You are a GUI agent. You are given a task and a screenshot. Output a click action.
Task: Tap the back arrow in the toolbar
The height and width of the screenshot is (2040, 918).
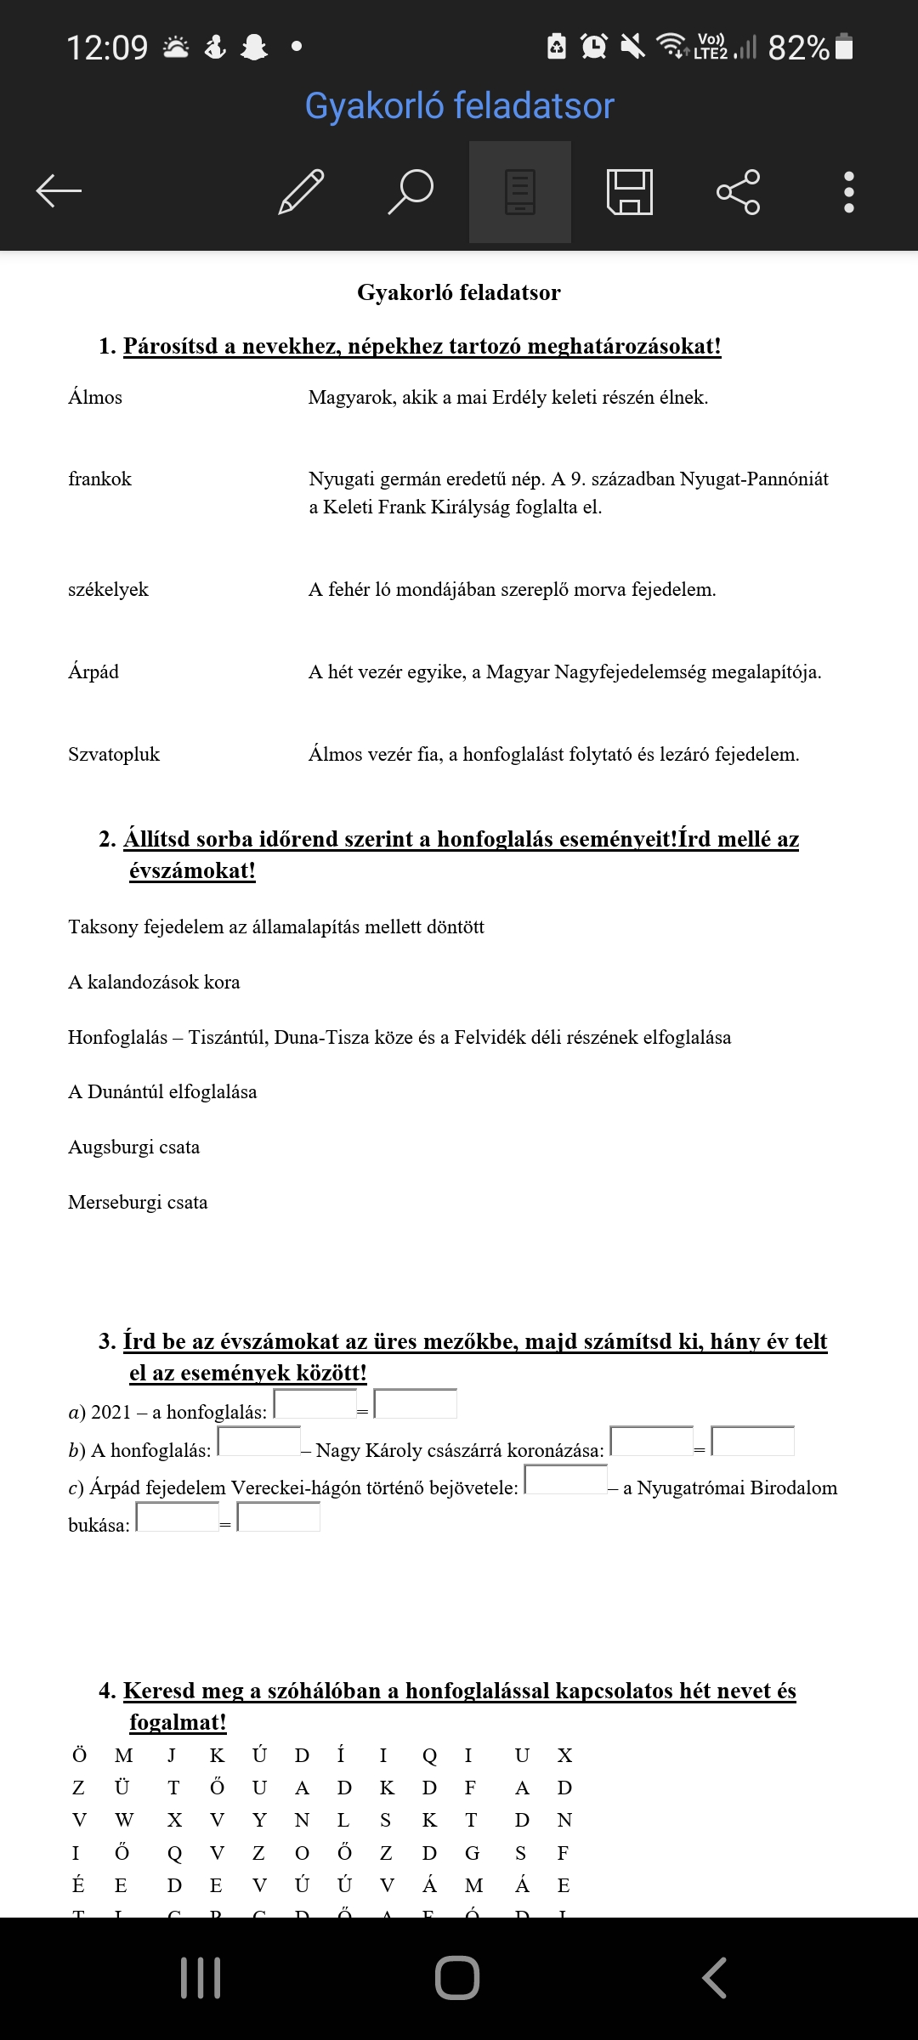(x=59, y=190)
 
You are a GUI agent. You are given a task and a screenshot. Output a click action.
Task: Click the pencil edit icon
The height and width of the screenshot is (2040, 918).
(x=302, y=191)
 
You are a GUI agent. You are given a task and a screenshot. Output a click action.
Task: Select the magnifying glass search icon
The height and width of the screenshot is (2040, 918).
(x=411, y=191)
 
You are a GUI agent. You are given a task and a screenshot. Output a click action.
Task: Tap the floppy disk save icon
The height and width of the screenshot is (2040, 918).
(x=629, y=191)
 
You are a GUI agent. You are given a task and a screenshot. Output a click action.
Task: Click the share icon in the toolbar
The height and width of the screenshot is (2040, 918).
(x=738, y=191)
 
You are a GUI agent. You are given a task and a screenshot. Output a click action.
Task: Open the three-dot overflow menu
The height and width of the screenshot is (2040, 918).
(x=848, y=191)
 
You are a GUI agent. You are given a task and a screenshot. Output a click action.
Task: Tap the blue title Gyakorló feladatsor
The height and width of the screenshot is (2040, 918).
(x=459, y=106)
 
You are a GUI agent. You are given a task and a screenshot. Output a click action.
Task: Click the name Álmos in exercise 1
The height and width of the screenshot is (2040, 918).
(x=95, y=398)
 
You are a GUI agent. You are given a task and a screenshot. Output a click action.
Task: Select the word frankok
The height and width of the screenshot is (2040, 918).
(x=100, y=479)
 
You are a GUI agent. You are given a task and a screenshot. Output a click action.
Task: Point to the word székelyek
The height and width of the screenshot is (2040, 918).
(x=108, y=590)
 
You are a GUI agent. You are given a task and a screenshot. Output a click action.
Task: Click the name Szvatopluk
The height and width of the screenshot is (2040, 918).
(x=114, y=755)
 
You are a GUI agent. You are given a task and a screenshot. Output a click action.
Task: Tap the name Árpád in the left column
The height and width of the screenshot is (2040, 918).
(x=93, y=672)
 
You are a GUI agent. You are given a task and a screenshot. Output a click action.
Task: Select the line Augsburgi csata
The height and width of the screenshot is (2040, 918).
(x=134, y=1147)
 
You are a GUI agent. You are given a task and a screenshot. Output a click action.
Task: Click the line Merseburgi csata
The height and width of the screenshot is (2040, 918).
(x=138, y=1203)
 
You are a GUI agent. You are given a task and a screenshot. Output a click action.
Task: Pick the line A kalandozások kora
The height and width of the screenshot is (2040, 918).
(x=154, y=983)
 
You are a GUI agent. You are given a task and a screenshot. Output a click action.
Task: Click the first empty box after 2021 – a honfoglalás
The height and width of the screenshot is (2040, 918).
(x=315, y=1404)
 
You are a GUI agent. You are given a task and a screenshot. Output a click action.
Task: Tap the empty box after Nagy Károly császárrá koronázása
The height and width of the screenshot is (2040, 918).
(x=652, y=1442)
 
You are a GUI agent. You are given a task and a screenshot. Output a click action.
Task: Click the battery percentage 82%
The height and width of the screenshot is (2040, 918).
(x=798, y=48)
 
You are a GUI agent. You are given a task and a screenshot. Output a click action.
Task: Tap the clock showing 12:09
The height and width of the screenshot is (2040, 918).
(x=107, y=48)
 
